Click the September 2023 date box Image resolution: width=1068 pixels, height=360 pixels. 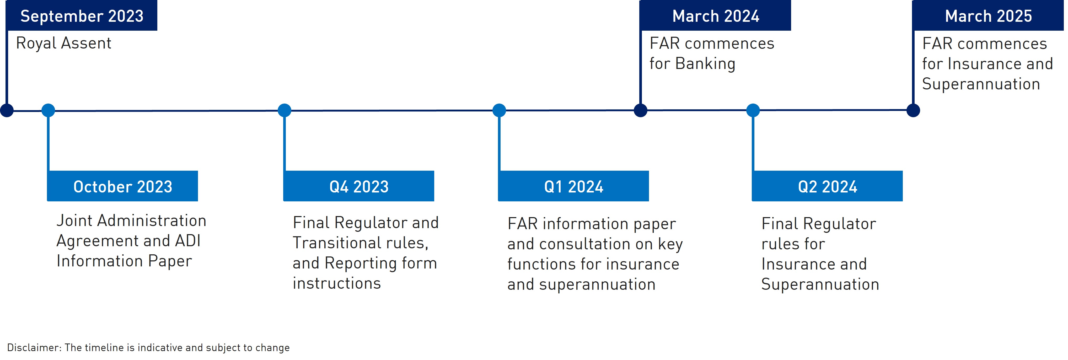(82, 15)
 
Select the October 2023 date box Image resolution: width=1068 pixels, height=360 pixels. (122, 186)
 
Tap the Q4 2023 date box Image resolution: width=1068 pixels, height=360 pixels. (359, 186)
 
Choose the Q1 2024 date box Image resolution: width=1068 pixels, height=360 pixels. (573, 186)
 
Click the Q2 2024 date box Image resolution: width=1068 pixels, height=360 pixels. (827, 186)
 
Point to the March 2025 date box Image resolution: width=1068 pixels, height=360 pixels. (988, 15)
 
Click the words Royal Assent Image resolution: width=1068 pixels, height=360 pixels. (63, 44)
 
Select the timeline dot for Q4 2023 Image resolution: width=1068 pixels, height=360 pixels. (285, 110)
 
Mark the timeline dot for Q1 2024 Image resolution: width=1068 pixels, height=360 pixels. (499, 110)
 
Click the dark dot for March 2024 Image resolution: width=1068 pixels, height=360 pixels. (641, 110)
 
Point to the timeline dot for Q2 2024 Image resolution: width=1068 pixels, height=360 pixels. (753, 110)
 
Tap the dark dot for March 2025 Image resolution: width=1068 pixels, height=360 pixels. (913, 110)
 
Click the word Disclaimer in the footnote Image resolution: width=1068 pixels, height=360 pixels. (34, 348)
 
